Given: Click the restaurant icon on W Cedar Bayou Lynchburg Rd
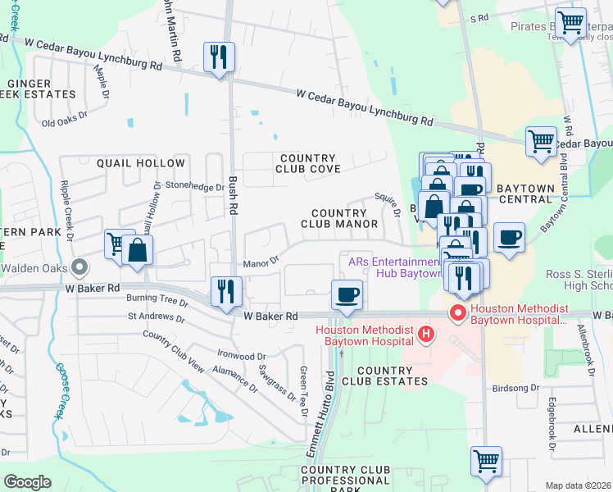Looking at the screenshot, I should coord(219,57).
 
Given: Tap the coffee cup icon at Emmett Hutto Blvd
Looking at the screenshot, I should coord(347,294).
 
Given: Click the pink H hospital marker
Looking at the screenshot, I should coord(425,334).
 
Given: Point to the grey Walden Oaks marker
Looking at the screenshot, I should coord(79,267).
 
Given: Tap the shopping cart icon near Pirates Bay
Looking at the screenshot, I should coord(570,22).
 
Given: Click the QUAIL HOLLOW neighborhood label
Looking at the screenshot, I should coord(131,163).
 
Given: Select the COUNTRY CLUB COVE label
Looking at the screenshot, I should coord(307,163).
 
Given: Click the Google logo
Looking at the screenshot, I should coord(28,482).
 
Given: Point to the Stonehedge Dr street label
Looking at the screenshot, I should coord(194,187).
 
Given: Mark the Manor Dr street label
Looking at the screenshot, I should coord(261,263).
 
